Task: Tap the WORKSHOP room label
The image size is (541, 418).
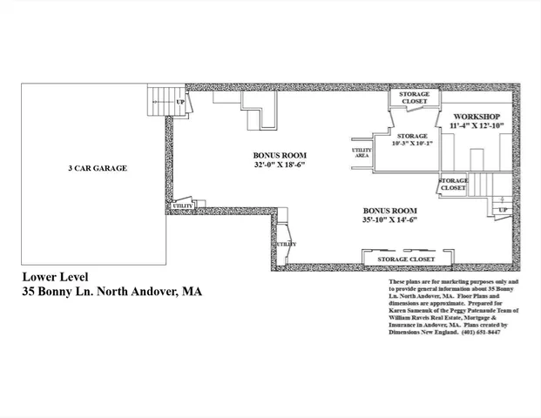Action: [475, 116]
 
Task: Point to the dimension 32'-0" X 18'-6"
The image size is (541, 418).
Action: [280, 164]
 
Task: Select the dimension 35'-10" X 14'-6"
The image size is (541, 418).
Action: [389, 220]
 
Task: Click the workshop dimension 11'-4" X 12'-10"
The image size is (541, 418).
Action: [477, 126]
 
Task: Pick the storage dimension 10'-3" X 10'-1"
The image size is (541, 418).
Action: [412, 145]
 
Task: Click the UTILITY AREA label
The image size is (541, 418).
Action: [362, 152]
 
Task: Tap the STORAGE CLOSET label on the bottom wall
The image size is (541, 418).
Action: [407, 260]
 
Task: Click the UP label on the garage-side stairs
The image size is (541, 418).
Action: [180, 102]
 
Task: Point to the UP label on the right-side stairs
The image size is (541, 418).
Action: [503, 211]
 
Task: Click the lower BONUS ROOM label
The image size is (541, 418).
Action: [389, 211]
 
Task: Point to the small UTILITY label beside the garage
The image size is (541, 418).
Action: [182, 206]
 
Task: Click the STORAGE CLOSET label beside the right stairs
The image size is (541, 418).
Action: [454, 184]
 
